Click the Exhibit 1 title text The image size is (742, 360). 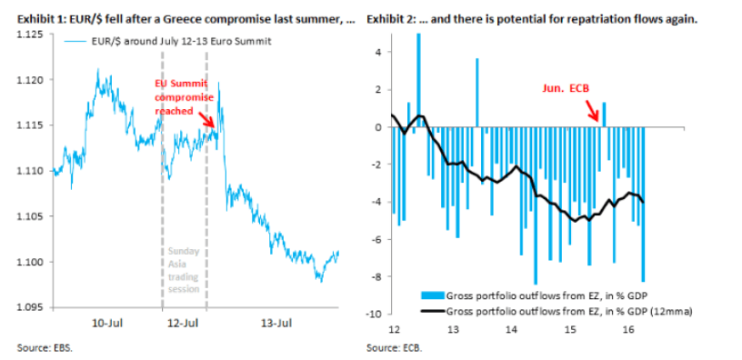coord(178,20)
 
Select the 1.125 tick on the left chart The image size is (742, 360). coord(30,35)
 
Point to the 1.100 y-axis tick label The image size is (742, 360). coord(30,263)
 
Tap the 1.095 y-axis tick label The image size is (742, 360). coord(30,308)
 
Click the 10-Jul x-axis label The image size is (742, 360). coord(108,324)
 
